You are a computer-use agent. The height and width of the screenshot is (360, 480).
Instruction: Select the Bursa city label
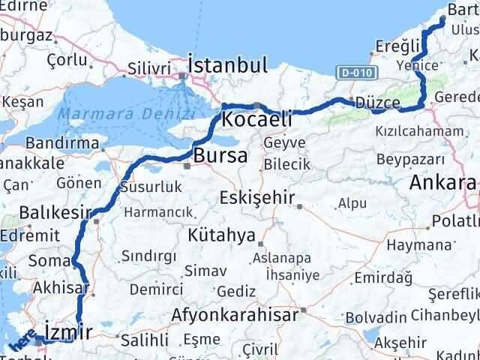click(x=220, y=157)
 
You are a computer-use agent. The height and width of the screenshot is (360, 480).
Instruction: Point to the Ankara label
click(x=442, y=182)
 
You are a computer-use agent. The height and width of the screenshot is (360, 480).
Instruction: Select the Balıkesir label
click(x=56, y=212)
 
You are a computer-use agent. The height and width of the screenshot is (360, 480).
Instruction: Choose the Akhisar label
click(x=61, y=287)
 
